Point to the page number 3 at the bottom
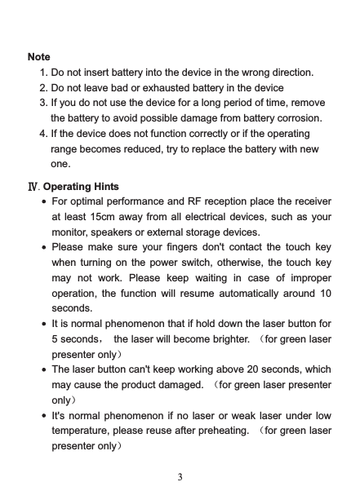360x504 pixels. [x=180, y=477]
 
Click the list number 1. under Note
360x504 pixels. [x=43, y=73]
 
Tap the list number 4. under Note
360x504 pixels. [x=43, y=133]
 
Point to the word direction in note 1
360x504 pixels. [x=279, y=73]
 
